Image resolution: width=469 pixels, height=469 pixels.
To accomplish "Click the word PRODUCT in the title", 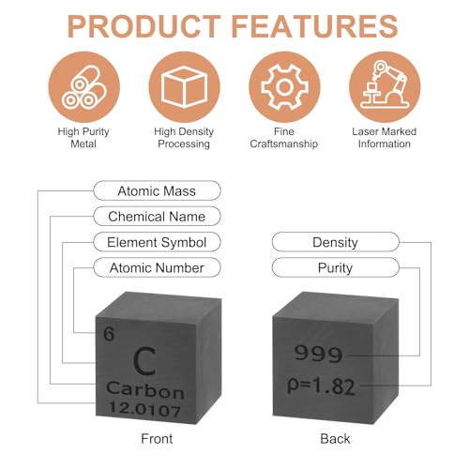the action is (x=144, y=26).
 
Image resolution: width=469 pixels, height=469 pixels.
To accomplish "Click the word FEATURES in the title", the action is (x=314, y=26).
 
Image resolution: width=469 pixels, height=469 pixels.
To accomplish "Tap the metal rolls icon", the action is (x=84, y=87).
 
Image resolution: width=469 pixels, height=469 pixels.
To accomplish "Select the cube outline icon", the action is (x=185, y=87).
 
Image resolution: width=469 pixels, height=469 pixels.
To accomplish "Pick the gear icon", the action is (x=284, y=87).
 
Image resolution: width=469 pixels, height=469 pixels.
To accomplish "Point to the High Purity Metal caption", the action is (x=83, y=138).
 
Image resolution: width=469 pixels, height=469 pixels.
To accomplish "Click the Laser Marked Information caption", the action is (x=385, y=138).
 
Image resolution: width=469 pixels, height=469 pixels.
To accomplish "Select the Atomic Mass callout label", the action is (x=157, y=190).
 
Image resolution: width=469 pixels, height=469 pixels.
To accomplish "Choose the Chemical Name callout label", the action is (x=157, y=217).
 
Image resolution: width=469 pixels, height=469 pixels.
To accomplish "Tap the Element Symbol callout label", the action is (x=157, y=242).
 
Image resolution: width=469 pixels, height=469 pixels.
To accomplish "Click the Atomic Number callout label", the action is (x=157, y=267).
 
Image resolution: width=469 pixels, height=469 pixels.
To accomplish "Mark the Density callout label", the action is (x=336, y=242).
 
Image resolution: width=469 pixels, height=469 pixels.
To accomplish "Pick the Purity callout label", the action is (x=336, y=267).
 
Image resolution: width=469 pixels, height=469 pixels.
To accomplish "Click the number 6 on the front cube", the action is (x=109, y=334).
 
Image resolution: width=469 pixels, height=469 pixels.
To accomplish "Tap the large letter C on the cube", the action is (x=144, y=361).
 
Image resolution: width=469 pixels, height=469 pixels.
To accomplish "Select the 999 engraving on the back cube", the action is (x=318, y=354).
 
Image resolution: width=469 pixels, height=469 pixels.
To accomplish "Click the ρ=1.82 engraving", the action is (x=321, y=386).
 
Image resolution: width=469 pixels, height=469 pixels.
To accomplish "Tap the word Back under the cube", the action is (x=335, y=439).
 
